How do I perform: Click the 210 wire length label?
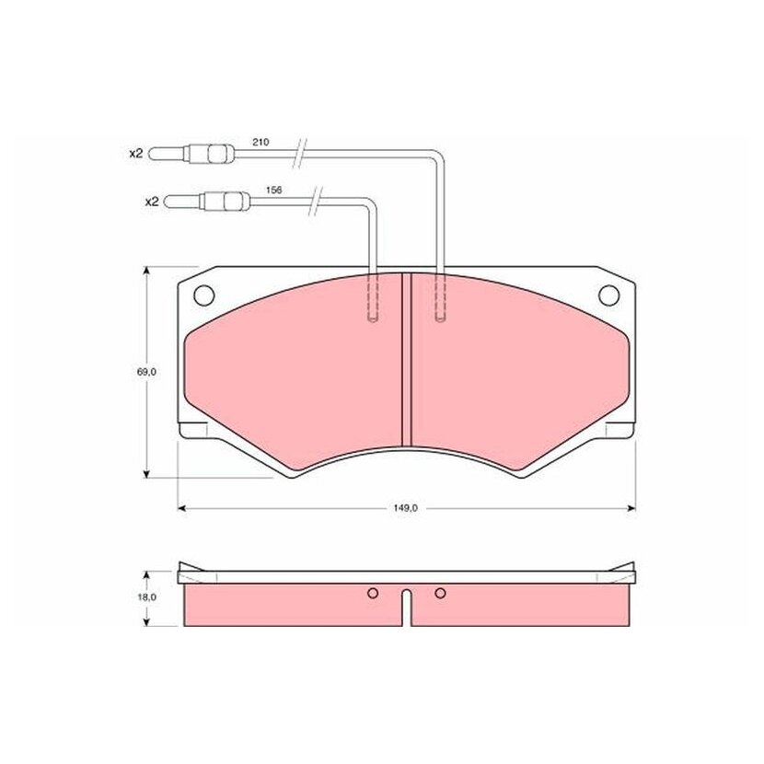[x=260, y=143]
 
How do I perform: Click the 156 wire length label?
[x=273, y=190]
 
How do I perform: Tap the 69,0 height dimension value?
[x=146, y=372]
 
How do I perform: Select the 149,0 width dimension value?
[x=406, y=508]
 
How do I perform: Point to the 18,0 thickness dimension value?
[x=146, y=597]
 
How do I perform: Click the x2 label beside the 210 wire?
[x=136, y=154]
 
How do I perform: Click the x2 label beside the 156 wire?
[x=152, y=202]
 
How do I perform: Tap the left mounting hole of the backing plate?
[x=203, y=295]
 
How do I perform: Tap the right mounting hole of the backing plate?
[x=608, y=295]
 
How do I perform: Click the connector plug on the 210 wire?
[x=191, y=154]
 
